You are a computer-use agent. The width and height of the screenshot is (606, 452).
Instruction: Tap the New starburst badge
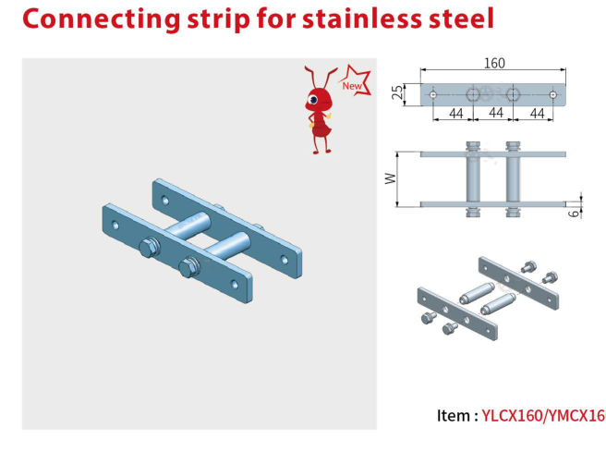pyautogui.click(x=352, y=84)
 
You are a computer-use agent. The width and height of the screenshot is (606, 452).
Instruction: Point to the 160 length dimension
pyautogui.click(x=494, y=63)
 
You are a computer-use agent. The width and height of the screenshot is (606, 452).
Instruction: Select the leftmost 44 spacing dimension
pyautogui.click(x=454, y=113)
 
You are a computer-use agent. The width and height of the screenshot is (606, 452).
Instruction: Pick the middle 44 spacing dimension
pyautogui.click(x=494, y=113)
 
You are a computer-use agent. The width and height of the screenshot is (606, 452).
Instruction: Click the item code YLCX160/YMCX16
pyautogui.click(x=542, y=415)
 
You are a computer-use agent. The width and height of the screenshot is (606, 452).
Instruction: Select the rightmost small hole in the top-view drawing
pyautogui.click(x=552, y=94)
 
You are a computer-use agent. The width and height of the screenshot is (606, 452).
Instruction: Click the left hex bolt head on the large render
pyautogui.click(x=147, y=247)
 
